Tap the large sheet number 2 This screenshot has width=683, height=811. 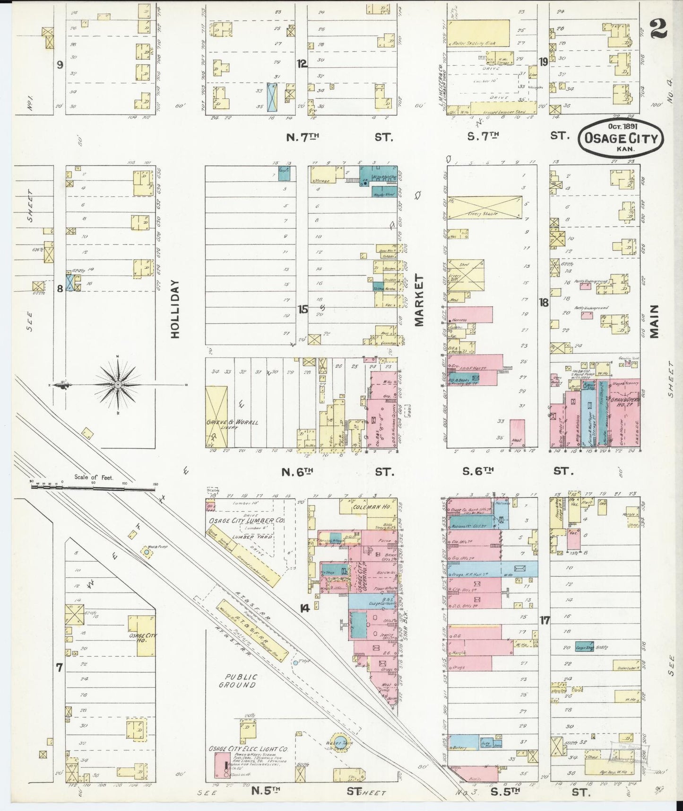point(658,29)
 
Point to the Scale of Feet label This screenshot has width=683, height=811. point(94,477)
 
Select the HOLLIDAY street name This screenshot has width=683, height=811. point(175,309)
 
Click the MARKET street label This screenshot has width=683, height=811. point(420,300)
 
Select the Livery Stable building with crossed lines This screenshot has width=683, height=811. point(484,207)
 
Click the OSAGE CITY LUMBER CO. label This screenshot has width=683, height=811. point(246,520)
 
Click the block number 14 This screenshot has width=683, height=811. point(305,608)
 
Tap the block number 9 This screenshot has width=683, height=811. point(60,65)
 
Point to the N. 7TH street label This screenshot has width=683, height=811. point(303,137)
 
